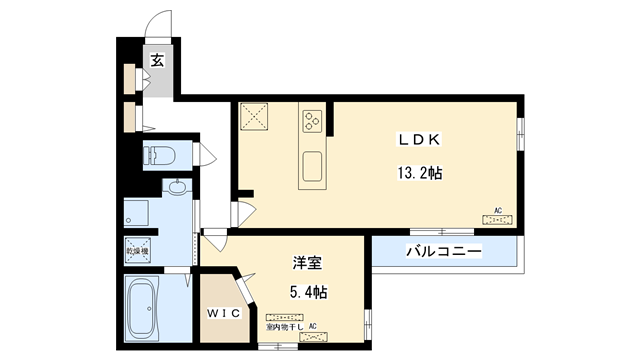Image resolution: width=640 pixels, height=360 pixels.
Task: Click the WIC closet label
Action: point(224,314)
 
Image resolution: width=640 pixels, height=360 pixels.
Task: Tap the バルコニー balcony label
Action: point(444,251)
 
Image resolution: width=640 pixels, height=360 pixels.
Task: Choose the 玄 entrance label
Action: point(158,60)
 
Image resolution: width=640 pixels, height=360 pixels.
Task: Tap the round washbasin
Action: point(177,187)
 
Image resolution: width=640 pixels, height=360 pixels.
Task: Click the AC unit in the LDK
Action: point(497,217)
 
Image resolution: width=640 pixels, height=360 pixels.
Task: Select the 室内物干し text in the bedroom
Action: point(284,326)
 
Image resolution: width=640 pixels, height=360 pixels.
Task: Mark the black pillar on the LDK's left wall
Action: point(245,192)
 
